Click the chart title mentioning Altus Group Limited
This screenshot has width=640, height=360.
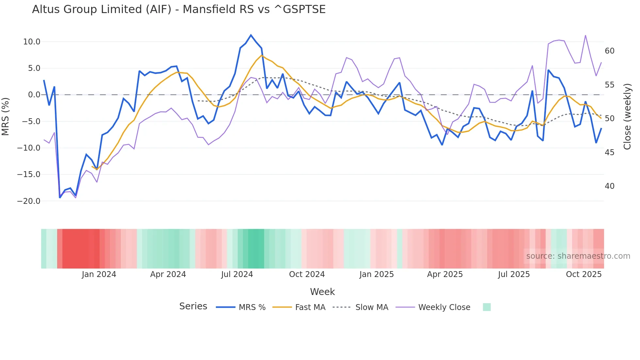pyautogui.click(x=179, y=9)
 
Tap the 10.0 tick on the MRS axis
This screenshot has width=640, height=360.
pyautogui.click(x=32, y=42)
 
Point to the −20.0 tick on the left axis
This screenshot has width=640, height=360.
pyautogui.click(x=29, y=201)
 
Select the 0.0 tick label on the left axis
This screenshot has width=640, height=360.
pyautogui.click(x=34, y=95)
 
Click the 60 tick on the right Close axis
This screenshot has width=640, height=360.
pyautogui.click(x=610, y=51)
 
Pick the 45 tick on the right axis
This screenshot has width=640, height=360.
pyautogui.click(x=610, y=153)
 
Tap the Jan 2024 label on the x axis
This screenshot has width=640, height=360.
pyautogui.click(x=99, y=274)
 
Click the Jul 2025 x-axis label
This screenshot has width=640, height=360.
pyautogui.click(x=514, y=274)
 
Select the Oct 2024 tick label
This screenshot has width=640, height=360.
pyautogui.click(x=307, y=274)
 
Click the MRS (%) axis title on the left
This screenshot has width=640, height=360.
pyautogui.click(x=6, y=117)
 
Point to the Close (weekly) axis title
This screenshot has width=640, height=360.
pyautogui.click(x=627, y=117)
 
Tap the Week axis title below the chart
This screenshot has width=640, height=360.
pyautogui.click(x=322, y=292)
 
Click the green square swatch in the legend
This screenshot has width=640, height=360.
pyautogui.click(x=487, y=307)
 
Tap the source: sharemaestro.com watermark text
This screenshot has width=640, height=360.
pyautogui.click(x=578, y=256)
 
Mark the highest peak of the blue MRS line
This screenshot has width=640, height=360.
pyautogui.click(x=251, y=35)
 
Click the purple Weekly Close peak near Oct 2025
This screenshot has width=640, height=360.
pyautogui.click(x=585, y=35)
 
